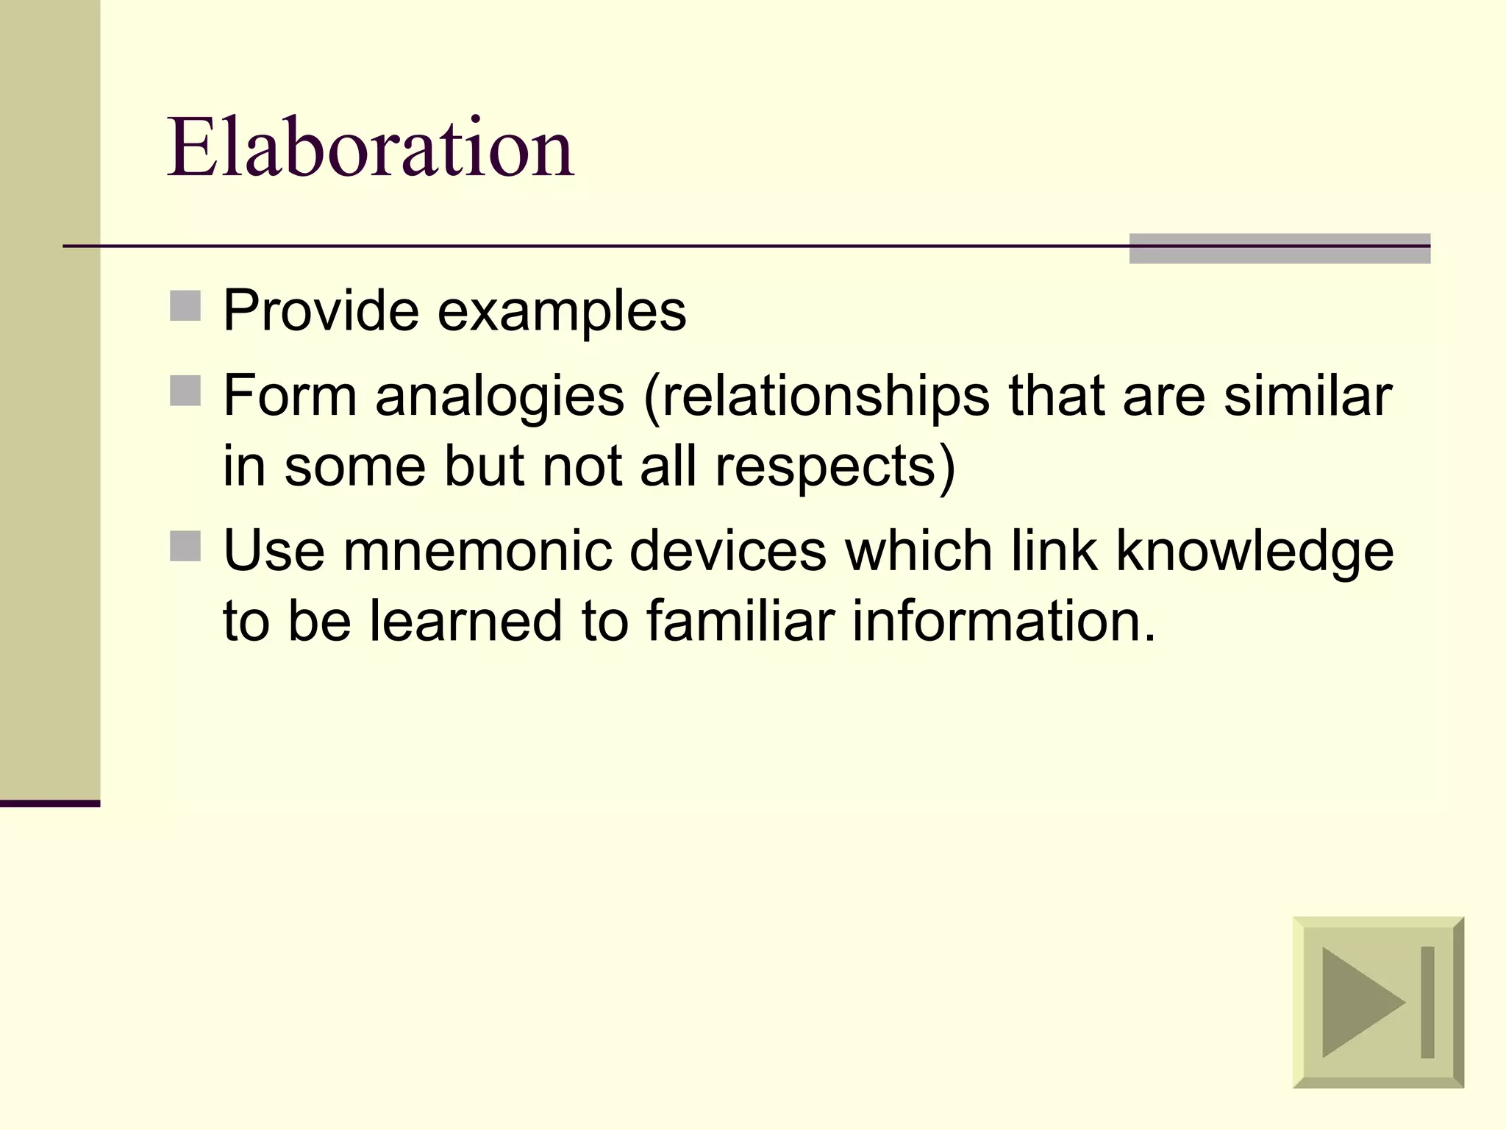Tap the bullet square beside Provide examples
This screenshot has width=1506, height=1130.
(185, 306)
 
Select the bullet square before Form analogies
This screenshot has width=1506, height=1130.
(185, 391)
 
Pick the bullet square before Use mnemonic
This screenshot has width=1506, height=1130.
(185, 546)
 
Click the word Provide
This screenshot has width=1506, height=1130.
(321, 310)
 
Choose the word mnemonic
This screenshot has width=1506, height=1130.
(477, 551)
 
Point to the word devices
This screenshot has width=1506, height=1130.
(728, 551)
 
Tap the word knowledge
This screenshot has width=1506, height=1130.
(1255, 552)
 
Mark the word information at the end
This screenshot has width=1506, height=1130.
(1004, 621)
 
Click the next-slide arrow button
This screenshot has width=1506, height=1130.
(1378, 1001)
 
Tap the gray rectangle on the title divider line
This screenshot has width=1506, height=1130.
(1280, 249)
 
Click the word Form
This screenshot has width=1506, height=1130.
(290, 396)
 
